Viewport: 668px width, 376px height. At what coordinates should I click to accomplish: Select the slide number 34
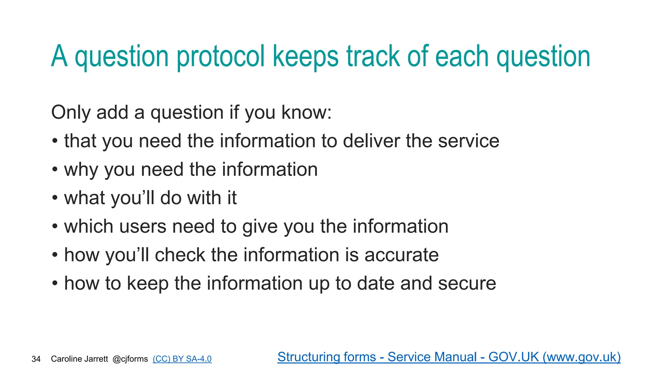[36, 359]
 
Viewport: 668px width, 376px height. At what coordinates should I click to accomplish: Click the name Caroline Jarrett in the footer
[79, 359]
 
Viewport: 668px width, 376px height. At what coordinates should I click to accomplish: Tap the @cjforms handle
[130, 359]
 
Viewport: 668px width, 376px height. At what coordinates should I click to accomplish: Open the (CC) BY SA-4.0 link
[182, 359]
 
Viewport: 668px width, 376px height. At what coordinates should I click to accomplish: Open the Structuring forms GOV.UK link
[449, 357]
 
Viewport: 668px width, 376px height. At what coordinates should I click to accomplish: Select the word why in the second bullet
[81, 170]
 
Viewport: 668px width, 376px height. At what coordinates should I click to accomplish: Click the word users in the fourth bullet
[143, 227]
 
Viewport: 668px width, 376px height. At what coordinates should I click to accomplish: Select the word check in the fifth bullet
[180, 255]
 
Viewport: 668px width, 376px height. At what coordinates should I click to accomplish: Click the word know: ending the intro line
[306, 113]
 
